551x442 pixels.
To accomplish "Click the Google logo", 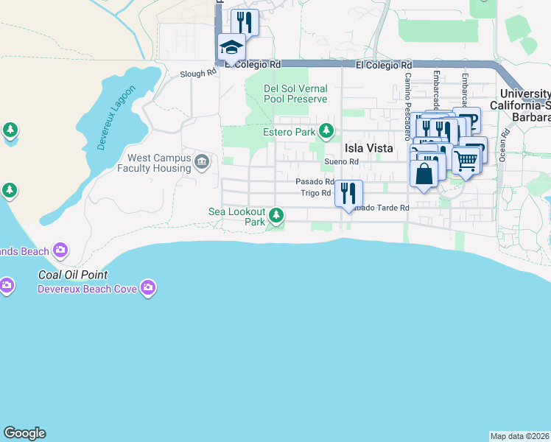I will pyautogui.click(x=24, y=433).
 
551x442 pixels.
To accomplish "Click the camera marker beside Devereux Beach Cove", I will pyautogui.click(x=148, y=287).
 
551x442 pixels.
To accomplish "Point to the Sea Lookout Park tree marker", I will pyautogui.click(x=276, y=215).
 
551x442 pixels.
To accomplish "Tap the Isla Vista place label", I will pyautogui.click(x=369, y=148).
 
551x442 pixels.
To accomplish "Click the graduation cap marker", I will pyautogui.click(x=231, y=49).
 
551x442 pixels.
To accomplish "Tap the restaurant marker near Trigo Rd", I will pyautogui.click(x=348, y=193).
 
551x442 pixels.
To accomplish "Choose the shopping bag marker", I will pyautogui.click(x=424, y=174).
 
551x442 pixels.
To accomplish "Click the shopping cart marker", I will pyautogui.click(x=465, y=160).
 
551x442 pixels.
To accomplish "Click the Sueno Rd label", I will pyautogui.click(x=341, y=161).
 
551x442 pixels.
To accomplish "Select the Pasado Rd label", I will pyautogui.click(x=315, y=181).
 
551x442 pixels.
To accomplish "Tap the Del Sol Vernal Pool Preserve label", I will pyautogui.click(x=295, y=94).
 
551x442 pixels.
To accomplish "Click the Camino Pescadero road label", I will pyautogui.click(x=407, y=107).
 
